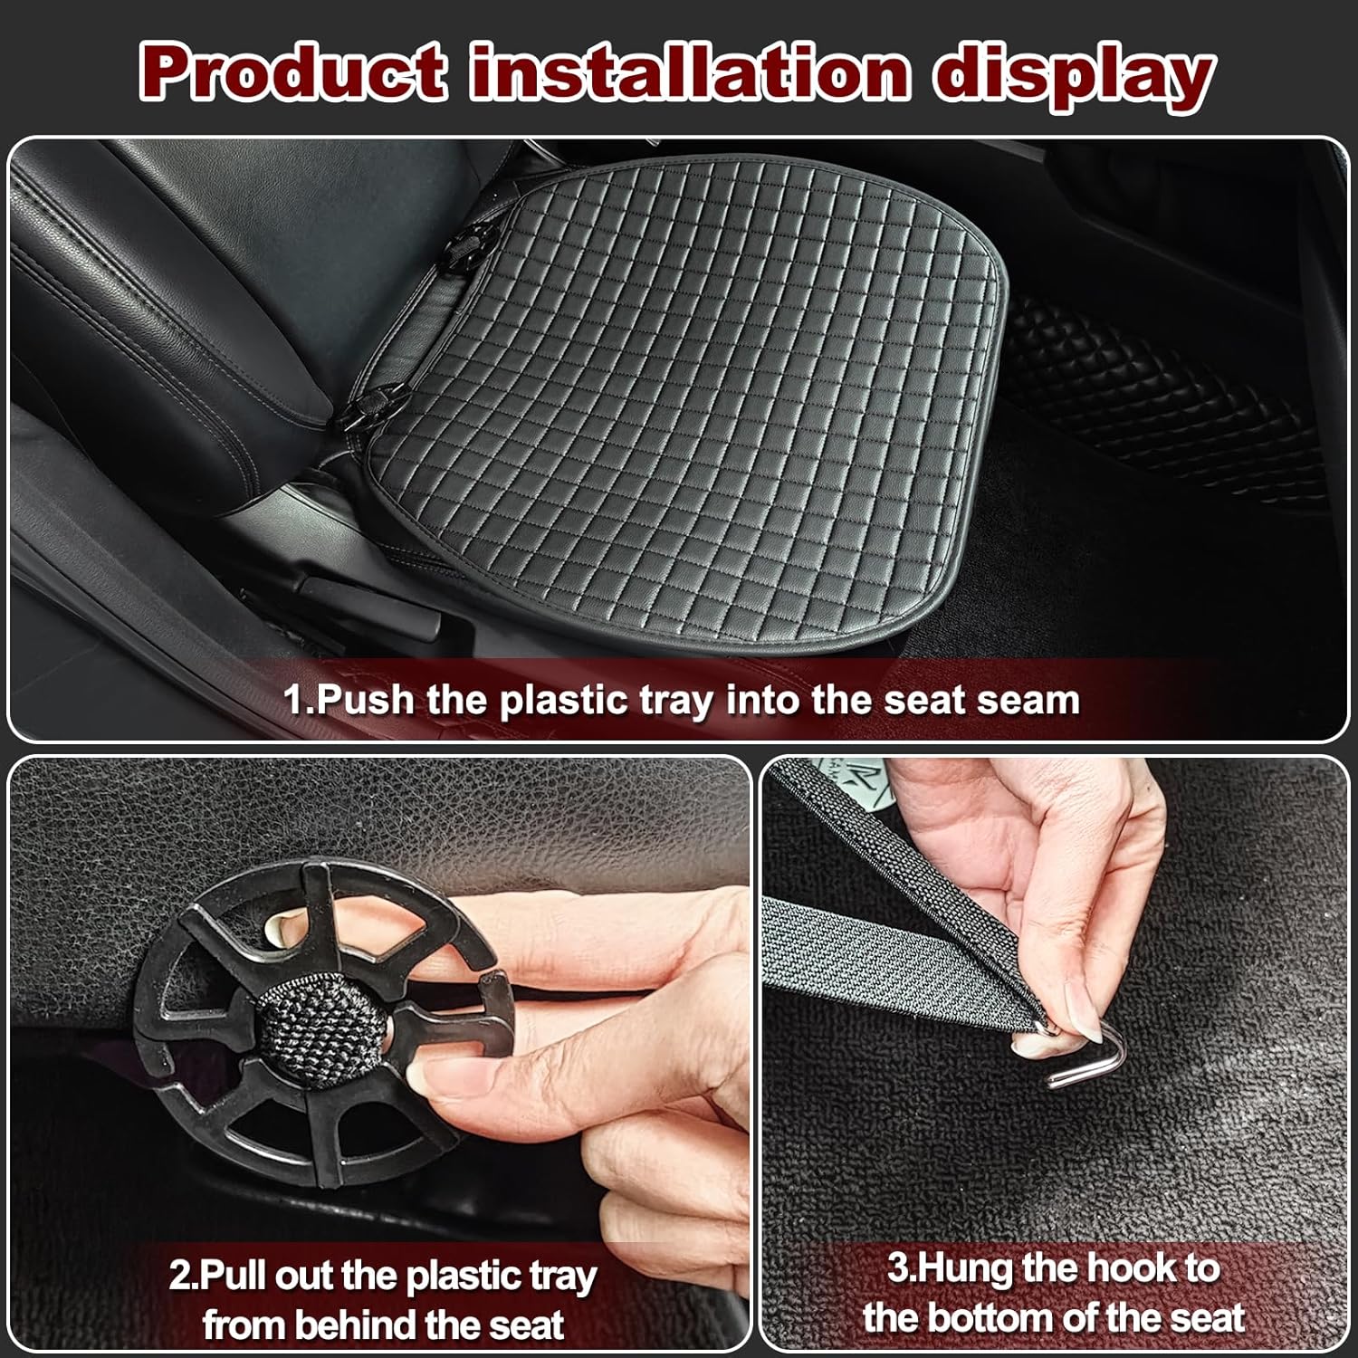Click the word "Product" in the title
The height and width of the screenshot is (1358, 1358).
292,72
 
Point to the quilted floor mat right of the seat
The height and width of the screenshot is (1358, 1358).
1168,390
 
